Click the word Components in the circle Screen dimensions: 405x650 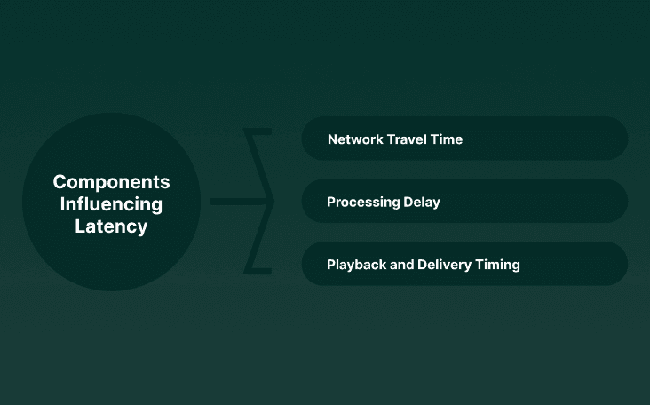[x=111, y=182]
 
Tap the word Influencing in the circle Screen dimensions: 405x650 [x=111, y=204]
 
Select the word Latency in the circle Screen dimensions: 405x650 [x=111, y=226]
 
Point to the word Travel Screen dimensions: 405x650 [x=409, y=139]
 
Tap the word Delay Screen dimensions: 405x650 [x=421, y=202]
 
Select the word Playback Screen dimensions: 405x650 [x=357, y=265]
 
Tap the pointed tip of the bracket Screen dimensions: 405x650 [x=273, y=202]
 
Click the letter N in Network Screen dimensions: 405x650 [x=332, y=139]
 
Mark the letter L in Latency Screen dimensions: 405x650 [x=80, y=226]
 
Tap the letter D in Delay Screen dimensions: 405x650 [x=406, y=202]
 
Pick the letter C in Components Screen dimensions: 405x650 [x=59, y=182]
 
